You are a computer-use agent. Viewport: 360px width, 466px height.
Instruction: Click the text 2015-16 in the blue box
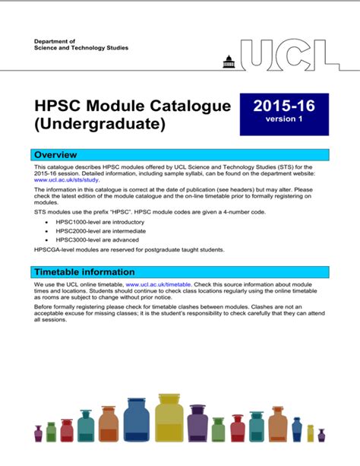pyautogui.click(x=284, y=107)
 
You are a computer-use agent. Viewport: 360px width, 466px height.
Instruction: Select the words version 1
pyautogui.click(x=284, y=120)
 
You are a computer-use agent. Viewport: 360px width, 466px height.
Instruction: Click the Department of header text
pyautogui.click(x=55, y=41)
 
